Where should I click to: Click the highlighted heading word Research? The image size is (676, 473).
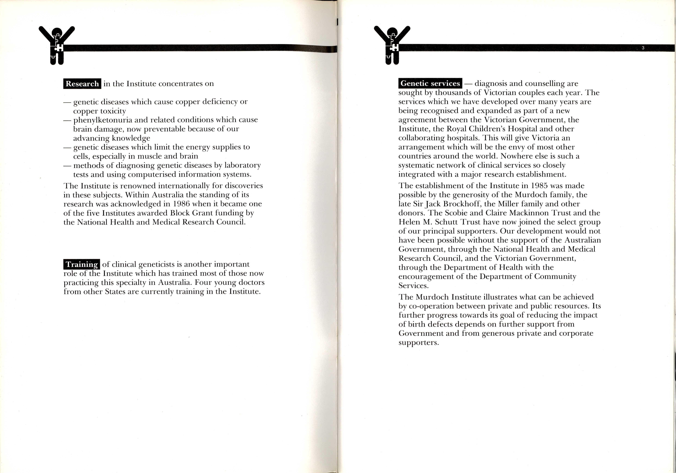(x=82, y=84)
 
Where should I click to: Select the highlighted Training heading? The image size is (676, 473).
(x=82, y=264)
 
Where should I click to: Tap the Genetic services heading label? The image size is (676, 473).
(x=430, y=83)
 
